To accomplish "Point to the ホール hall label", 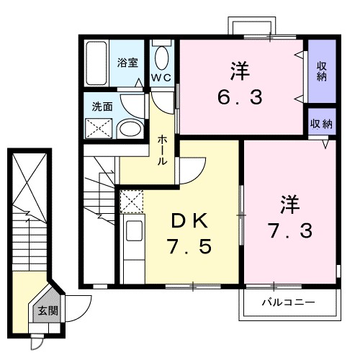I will tap(163, 149).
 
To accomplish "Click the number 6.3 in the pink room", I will tap(240, 96).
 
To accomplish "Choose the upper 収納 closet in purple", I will tap(321, 71).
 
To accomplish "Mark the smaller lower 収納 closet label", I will tap(321, 123).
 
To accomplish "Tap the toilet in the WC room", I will tap(161, 57).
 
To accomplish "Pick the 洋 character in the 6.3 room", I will tap(240, 70).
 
